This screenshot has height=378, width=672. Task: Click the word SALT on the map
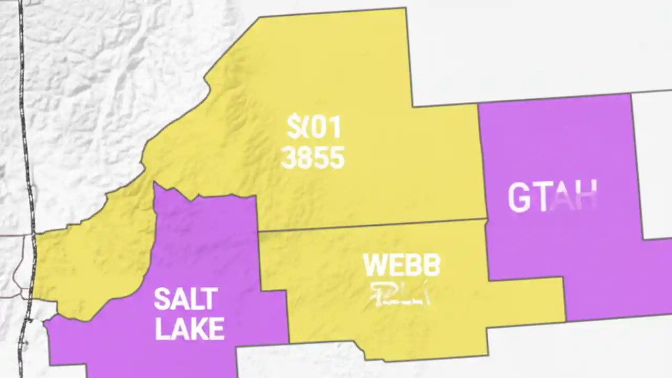(185, 299)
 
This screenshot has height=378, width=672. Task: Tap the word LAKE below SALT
(190, 329)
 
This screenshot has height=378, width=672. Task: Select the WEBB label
(402, 266)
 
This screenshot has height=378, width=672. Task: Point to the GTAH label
(552, 197)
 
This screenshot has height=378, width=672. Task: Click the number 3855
(313, 157)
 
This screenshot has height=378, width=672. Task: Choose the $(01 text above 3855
(314, 128)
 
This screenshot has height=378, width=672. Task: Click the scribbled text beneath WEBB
(401, 295)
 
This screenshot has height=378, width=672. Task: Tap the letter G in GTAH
(519, 198)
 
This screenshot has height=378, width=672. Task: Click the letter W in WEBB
(374, 266)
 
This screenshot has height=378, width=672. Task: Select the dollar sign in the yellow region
(293, 128)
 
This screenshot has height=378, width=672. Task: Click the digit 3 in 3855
(289, 157)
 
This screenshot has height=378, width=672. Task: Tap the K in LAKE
(202, 329)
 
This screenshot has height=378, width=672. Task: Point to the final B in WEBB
(432, 266)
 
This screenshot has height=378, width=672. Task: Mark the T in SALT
(209, 299)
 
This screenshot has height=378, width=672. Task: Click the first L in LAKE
(163, 329)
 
